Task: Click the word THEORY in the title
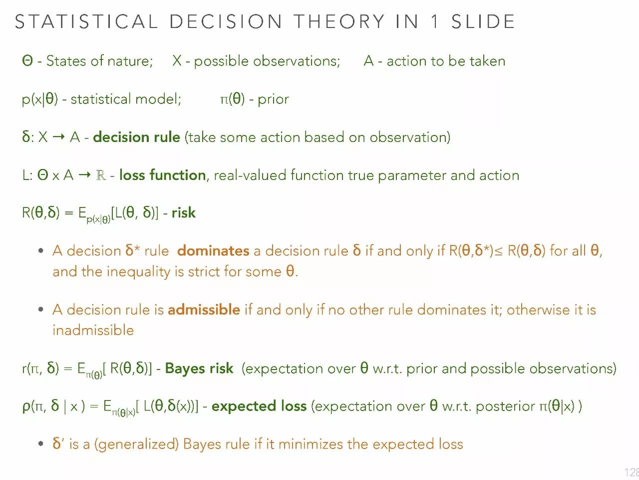pyautogui.click(x=339, y=21)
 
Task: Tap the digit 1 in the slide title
pyautogui.click(x=434, y=21)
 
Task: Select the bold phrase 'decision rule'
pyautogui.click(x=136, y=137)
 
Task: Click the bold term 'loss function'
pyautogui.click(x=163, y=175)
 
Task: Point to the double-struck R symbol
pyautogui.click(x=101, y=175)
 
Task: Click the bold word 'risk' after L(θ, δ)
pyautogui.click(x=183, y=212)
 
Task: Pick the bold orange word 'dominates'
pyautogui.click(x=213, y=250)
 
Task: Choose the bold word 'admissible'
pyautogui.click(x=204, y=309)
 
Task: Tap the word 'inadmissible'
pyautogui.click(x=93, y=330)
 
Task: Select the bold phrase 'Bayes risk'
pyautogui.click(x=199, y=368)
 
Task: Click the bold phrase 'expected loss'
pyautogui.click(x=259, y=406)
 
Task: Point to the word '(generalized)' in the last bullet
pyautogui.click(x=136, y=444)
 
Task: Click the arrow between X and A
pyautogui.click(x=58, y=137)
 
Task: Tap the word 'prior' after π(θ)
pyautogui.click(x=273, y=99)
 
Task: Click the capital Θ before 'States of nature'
pyautogui.click(x=27, y=61)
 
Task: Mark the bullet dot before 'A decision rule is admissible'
pyautogui.click(x=41, y=309)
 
